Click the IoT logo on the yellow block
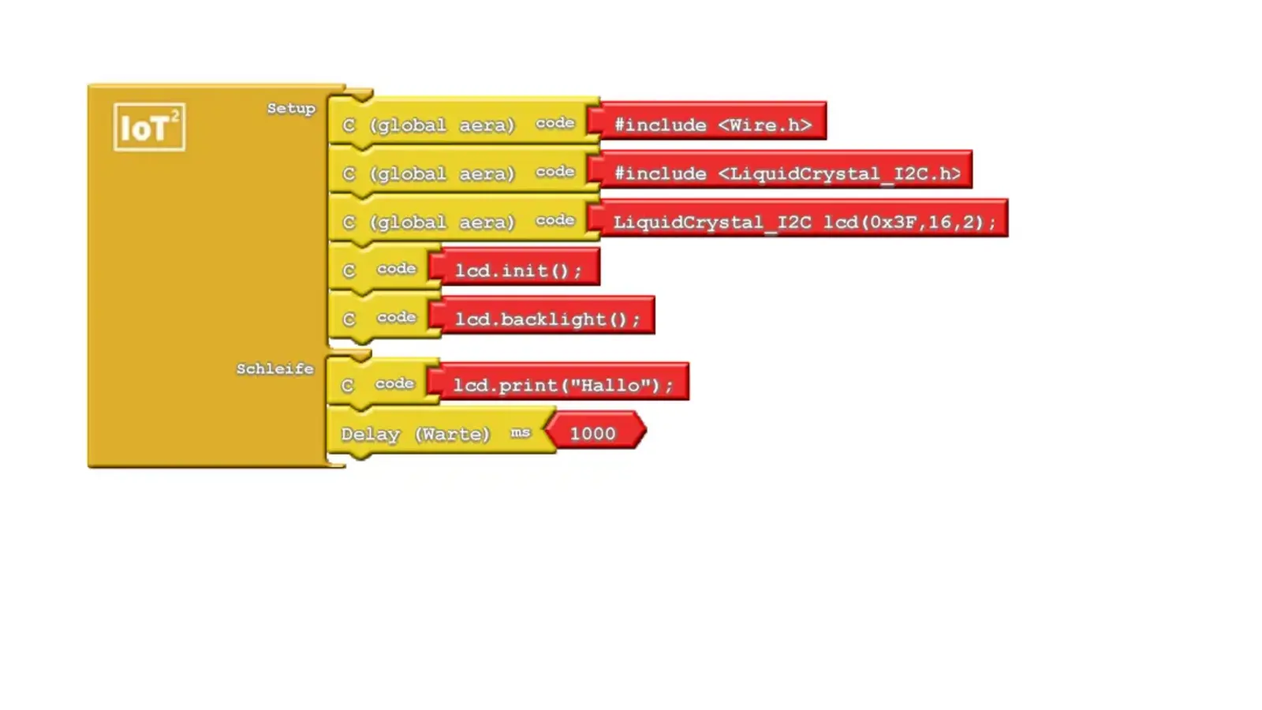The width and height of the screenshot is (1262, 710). click(149, 127)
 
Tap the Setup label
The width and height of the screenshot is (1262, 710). click(290, 109)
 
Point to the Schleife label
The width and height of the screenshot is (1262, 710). click(274, 369)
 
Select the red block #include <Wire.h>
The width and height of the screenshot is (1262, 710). click(712, 125)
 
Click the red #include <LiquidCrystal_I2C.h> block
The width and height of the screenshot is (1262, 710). click(786, 174)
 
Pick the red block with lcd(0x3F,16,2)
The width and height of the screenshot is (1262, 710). click(805, 222)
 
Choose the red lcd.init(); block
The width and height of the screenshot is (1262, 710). click(518, 271)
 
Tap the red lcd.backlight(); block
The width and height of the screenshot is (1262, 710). click(547, 319)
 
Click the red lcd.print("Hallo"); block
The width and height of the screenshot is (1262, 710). click(562, 386)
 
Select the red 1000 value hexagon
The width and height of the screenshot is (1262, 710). click(593, 434)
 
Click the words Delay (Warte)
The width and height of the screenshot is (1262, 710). click(415, 435)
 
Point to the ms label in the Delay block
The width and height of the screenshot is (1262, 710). click(520, 432)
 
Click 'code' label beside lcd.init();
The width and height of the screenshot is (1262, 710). click(396, 269)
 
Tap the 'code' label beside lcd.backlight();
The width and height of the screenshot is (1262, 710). click(396, 317)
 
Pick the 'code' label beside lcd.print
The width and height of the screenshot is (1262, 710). click(394, 383)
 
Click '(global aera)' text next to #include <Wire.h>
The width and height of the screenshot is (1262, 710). click(442, 125)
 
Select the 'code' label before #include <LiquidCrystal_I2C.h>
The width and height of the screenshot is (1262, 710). click(554, 172)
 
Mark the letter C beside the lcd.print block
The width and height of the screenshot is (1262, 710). click(347, 386)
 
